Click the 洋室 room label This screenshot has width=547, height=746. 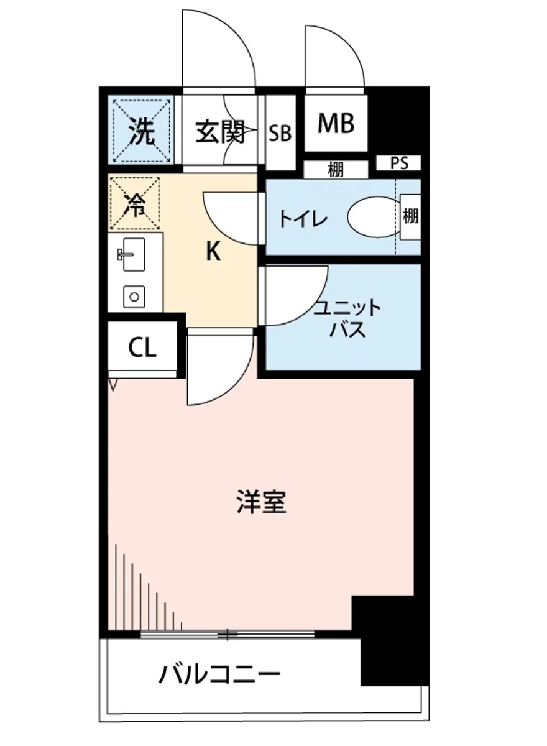(x=261, y=502)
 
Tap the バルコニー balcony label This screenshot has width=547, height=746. (x=219, y=673)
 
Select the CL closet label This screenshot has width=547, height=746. (x=142, y=348)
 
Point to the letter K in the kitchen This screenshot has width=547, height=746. (x=213, y=252)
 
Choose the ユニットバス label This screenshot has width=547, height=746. (x=347, y=318)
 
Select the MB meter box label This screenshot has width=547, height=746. (x=336, y=123)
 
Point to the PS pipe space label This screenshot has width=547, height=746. (x=399, y=163)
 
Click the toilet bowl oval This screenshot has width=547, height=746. (x=372, y=218)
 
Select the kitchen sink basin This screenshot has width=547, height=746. (x=133, y=255)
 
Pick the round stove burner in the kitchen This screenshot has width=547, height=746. (x=134, y=296)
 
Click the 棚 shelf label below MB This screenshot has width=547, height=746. (x=336, y=169)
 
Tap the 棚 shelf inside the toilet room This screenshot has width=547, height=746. (x=410, y=217)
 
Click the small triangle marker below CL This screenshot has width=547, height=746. (x=113, y=386)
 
